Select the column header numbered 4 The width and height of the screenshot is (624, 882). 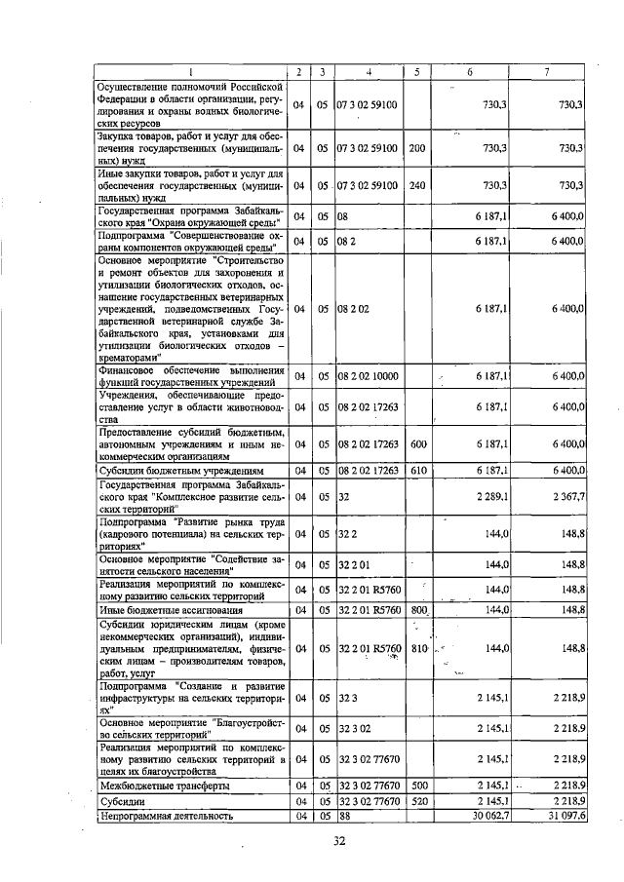point(369,71)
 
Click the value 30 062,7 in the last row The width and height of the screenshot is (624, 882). point(485,816)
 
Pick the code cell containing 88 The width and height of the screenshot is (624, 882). point(344,816)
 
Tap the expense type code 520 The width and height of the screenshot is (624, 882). point(418,800)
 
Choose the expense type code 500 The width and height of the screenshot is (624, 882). point(418,785)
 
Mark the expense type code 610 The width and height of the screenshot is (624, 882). point(417,470)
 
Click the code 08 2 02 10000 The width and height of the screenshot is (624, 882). point(368,374)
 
